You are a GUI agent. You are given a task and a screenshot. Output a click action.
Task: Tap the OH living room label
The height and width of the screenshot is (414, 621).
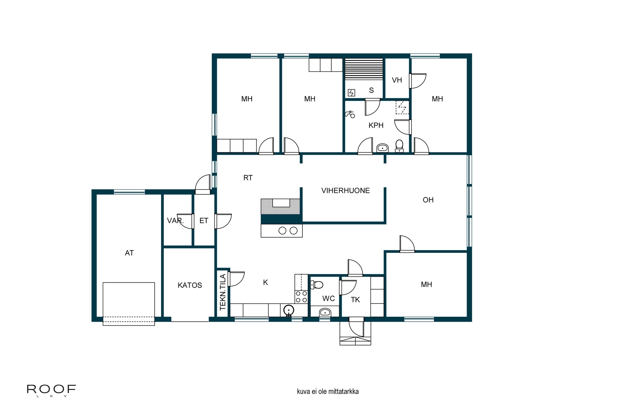(428, 200)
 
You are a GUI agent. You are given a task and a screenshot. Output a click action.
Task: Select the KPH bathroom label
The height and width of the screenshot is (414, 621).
(376, 125)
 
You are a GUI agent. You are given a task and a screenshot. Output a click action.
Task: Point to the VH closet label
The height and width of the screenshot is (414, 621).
(397, 80)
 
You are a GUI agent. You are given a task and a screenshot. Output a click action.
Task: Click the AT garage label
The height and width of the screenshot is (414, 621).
(129, 253)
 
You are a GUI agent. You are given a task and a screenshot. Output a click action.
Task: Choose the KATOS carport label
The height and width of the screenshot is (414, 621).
(190, 285)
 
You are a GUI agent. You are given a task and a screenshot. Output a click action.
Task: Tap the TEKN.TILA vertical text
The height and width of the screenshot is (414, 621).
(223, 292)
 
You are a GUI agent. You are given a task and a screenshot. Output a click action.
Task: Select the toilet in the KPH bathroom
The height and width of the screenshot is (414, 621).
(399, 146)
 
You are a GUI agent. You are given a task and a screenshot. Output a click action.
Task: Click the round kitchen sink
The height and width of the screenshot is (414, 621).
(289, 310)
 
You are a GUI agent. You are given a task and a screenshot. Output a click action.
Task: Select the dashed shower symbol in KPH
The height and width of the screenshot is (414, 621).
(402, 107)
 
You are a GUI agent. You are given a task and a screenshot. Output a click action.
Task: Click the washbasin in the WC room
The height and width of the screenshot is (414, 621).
(325, 313)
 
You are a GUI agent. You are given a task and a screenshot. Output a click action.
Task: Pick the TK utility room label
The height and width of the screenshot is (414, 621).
(355, 300)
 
